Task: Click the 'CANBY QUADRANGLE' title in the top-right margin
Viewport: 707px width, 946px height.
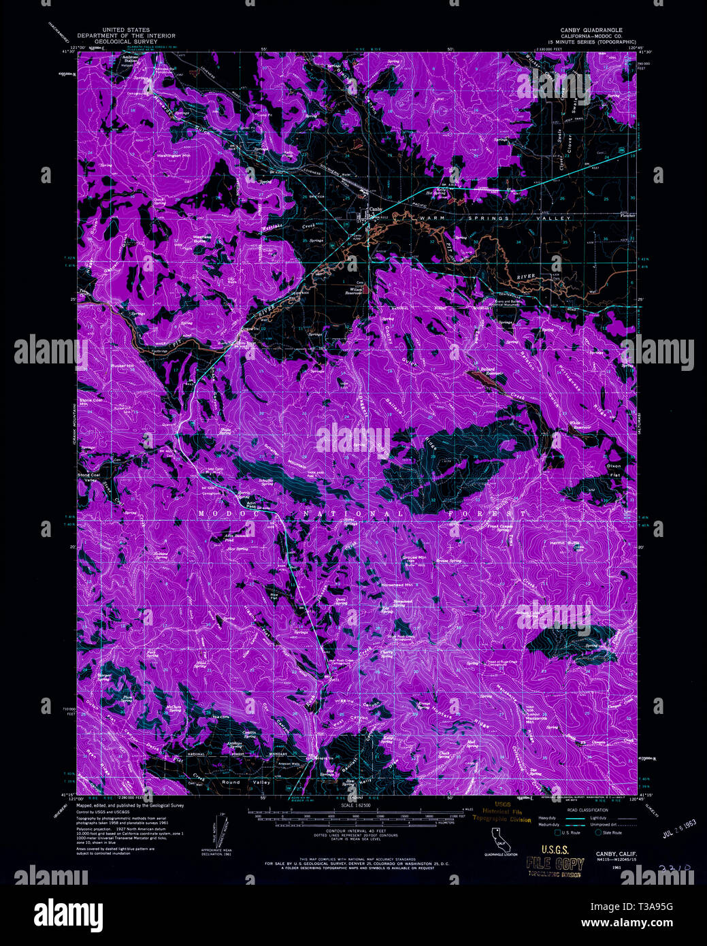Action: (x=591, y=31)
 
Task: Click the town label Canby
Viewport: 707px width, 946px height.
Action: (x=376, y=209)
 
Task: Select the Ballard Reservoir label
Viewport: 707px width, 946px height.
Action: (x=491, y=372)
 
